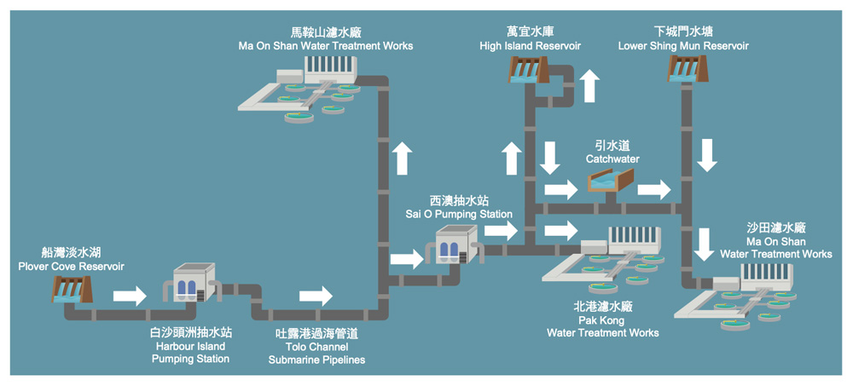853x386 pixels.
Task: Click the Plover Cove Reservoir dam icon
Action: click(67, 290)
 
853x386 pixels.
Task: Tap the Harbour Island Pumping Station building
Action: click(189, 283)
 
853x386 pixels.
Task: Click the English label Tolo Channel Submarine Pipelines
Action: click(316, 354)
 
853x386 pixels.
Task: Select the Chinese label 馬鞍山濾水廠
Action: click(326, 32)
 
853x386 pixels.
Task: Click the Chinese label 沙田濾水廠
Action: click(776, 228)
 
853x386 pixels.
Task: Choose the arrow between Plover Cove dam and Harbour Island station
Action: click(130, 296)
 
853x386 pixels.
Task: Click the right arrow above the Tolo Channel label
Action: click(316, 296)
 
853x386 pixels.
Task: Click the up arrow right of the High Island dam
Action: click(589, 86)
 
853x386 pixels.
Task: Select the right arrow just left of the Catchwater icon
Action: click(560, 189)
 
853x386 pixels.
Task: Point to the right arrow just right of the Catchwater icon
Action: click(654, 189)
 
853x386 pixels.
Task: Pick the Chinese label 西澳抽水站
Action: click(459, 201)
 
